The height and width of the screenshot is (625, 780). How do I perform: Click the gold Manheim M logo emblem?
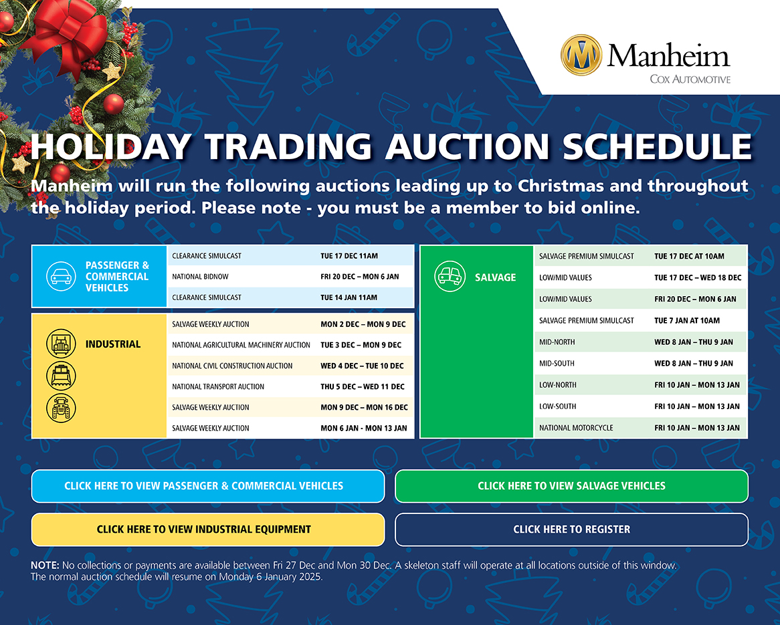point(581,55)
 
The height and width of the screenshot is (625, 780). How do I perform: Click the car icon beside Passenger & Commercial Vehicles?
point(61,276)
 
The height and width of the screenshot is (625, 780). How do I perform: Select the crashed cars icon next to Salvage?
point(450,277)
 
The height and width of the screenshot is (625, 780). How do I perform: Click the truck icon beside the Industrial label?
point(61,343)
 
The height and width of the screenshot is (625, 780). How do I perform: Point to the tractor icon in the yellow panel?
point(61,408)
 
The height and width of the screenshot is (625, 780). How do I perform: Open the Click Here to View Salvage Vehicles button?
point(571,486)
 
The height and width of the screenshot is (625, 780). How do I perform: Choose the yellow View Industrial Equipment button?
point(208,529)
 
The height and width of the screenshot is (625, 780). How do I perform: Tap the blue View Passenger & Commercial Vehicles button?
point(208,486)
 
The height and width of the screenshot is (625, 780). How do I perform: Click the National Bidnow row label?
point(200,277)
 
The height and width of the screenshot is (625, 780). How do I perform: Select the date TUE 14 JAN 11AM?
point(349,297)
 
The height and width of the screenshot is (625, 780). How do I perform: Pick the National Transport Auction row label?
point(218,386)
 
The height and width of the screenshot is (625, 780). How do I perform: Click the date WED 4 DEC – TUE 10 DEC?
point(362,366)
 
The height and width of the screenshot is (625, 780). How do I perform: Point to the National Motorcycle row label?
point(576,428)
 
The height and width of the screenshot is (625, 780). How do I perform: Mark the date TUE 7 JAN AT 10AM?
point(687,321)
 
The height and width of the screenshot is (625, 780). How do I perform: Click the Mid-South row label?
point(557,364)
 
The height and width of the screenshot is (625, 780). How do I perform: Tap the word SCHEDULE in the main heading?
point(657,146)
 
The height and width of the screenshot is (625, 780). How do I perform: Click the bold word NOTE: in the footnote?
point(45,566)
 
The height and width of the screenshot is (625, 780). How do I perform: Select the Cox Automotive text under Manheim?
point(690,79)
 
